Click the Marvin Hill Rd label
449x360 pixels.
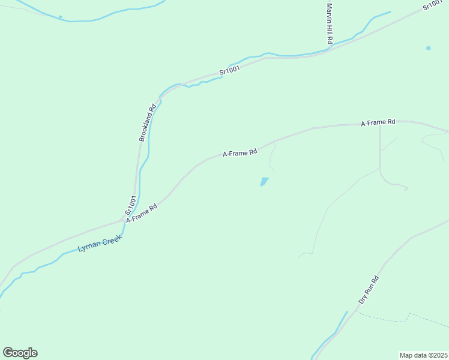(329, 23)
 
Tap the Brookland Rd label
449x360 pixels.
(148, 122)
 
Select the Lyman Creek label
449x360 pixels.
(100, 242)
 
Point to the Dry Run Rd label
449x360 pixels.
(369, 290)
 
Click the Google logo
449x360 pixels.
(20, 353)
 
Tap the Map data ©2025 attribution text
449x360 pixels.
(423, 355)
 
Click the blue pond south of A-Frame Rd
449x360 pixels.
(264, 181)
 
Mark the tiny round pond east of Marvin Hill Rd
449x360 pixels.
(428, 48)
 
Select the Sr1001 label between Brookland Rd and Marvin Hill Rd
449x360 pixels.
(229, 70)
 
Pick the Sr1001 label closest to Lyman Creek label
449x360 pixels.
(131, 205)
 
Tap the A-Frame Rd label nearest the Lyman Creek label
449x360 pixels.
(142, 212)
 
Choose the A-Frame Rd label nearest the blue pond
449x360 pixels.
(240, 153)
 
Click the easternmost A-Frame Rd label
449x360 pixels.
(378, 122)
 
